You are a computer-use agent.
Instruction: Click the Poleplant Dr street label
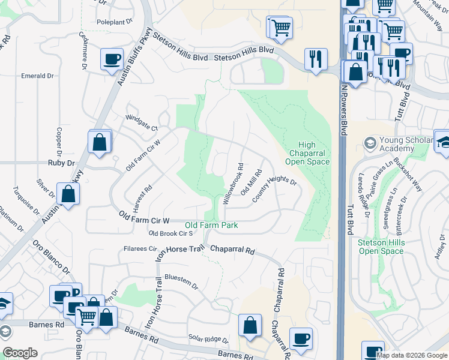pos(115,22)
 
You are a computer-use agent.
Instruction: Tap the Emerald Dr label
pos(38,76)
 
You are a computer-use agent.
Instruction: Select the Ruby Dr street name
pos(61,163)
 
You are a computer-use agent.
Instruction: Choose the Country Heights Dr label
pos(274,189)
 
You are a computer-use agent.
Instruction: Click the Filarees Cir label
pos(139,248)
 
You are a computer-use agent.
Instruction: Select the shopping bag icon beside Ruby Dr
pos(99,143)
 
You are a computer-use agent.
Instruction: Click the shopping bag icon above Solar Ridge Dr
pos(250,326)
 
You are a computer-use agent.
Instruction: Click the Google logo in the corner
pos(20,353)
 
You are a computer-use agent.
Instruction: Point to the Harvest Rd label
pos(142,195)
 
